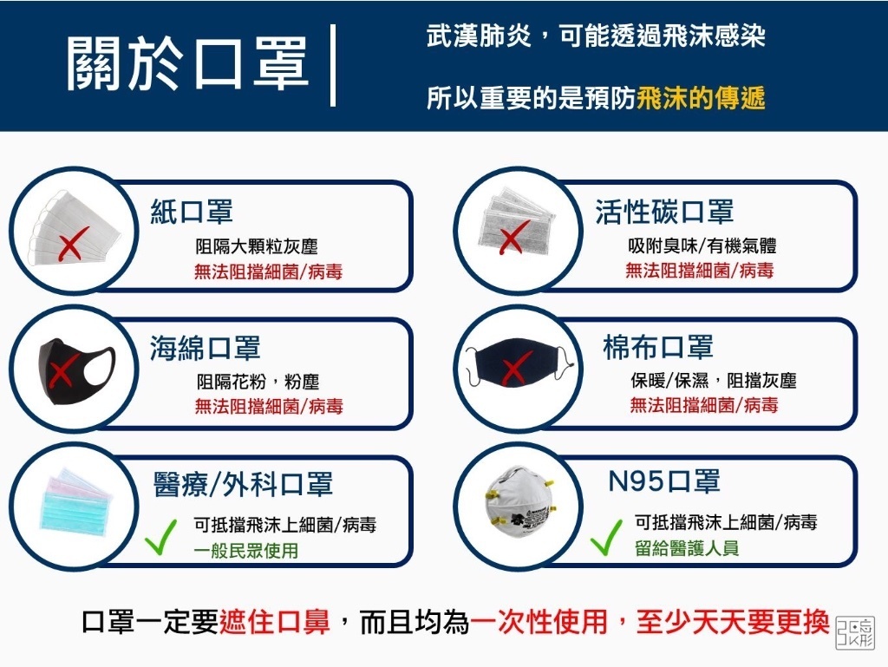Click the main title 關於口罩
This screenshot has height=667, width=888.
[187, 64]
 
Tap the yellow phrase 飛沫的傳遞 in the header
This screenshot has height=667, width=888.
[701, 97]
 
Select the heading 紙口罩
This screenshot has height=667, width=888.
[192, 212]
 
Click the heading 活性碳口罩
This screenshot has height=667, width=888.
[664, 212]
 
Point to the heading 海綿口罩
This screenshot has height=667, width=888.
[205, 348]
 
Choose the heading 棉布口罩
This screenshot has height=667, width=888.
[658, 347]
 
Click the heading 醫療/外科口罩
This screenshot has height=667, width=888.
[243, 485]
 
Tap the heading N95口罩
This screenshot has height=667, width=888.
[663, 481]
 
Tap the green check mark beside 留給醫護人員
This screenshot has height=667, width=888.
[606, 538]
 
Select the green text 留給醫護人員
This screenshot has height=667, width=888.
[687, 548]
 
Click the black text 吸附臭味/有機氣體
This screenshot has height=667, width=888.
[702, 245]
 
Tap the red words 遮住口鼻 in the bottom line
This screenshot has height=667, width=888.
[275, 622]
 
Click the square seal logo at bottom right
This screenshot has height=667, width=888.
[855, 632]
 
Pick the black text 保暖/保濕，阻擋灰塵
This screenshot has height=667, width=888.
[714, 381]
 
